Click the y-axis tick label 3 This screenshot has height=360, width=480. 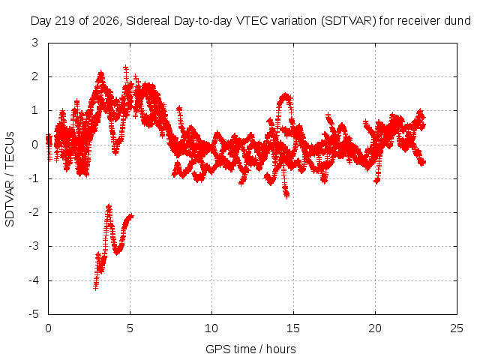(35, 43)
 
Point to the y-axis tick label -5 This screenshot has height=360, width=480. (34, 314)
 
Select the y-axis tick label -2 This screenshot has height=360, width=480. (34, 212)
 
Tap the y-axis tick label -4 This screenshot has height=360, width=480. (34, 280)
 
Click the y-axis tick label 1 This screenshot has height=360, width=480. (35, 110)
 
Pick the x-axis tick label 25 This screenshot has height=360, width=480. (457, 328)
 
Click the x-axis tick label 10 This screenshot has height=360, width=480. (211, 328)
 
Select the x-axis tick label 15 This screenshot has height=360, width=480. (293, 328)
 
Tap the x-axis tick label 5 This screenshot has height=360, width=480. (130, 328)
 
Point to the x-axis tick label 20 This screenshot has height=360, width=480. (375, 328)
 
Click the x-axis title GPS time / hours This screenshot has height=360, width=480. (250, 349)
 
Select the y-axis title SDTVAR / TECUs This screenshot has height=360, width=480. (10, 179)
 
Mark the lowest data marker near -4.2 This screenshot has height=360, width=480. (95, 288)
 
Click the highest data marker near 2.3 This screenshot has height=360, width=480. (125, 67)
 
